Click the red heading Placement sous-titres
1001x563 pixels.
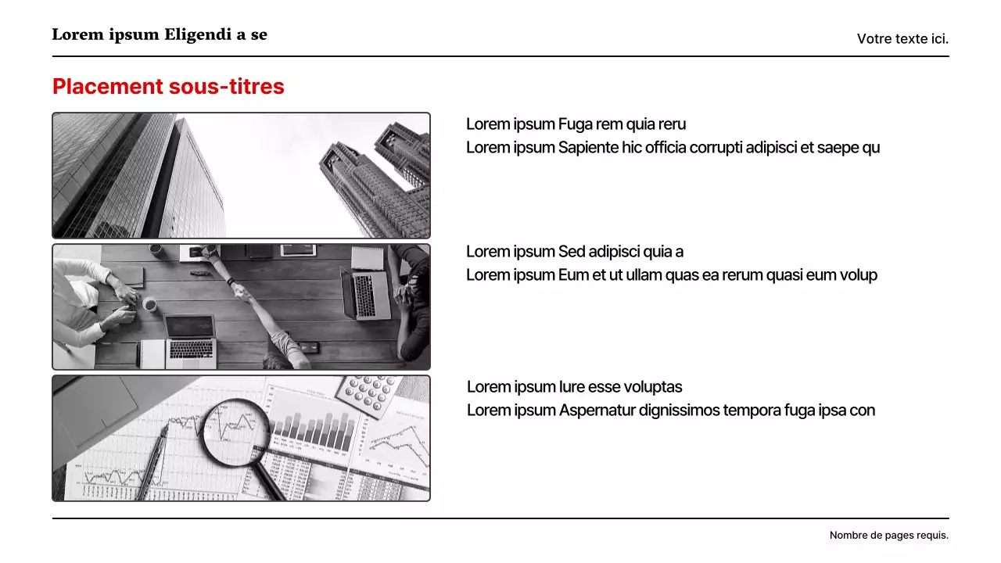click(168, 87)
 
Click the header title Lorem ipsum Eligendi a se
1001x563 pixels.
click(160, 34)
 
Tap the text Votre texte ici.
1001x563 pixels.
click(902, 38)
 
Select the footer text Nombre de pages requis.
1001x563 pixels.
click(888, 536)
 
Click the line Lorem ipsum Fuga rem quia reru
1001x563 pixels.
click(576, 124)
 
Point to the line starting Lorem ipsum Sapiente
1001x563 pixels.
click(673, 148)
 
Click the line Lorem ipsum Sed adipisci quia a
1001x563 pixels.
click(575, 252)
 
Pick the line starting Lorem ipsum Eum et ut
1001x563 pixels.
click(671, 275)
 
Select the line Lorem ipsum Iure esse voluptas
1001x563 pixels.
click(574, 387)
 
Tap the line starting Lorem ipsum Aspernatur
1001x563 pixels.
click(670, 411)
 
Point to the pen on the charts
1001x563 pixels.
click(152, 461)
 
